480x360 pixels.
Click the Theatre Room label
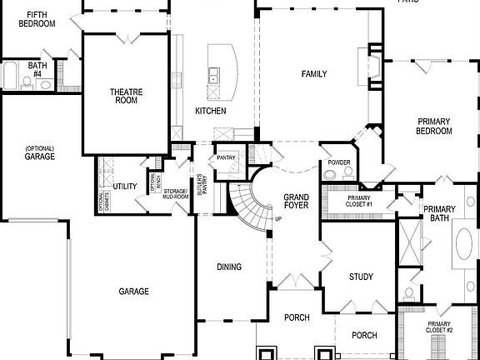pyautogui.click(x=125, y=96)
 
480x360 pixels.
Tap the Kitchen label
pyautogui.click(x=211, y=111)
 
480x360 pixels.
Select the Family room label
pyautogui.click(x=314, y=74)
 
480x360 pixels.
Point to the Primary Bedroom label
pyautogui.click(x=434, y=126)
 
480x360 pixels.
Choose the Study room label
pyautogui.click(x=361, y=277)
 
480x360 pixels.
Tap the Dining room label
pyautogui.click(x=229, y=267)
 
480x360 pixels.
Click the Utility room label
pyautogui.click(x=125, y=187)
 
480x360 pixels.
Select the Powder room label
pyautogui.click(x=338, y=162)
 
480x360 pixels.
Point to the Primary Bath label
pyautogui.click(x=439, y=213)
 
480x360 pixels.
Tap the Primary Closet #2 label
pyautogui.click(x=439, y=327)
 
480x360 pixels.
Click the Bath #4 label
pyautogui.click(x=37, y=68)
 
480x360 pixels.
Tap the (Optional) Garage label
pyautogui.click(x=39, y=152)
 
